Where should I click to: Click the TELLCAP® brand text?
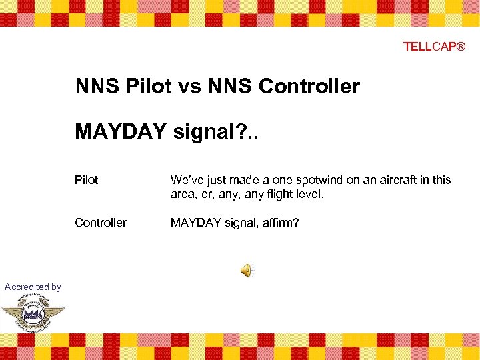point(434,47)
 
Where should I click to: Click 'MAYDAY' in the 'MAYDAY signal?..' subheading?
point(121,131)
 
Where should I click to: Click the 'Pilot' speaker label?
point(86,180)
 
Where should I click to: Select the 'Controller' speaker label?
point(101,223)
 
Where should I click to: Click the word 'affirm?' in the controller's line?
point(280,223)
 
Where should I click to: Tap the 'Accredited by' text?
point(33,287)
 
